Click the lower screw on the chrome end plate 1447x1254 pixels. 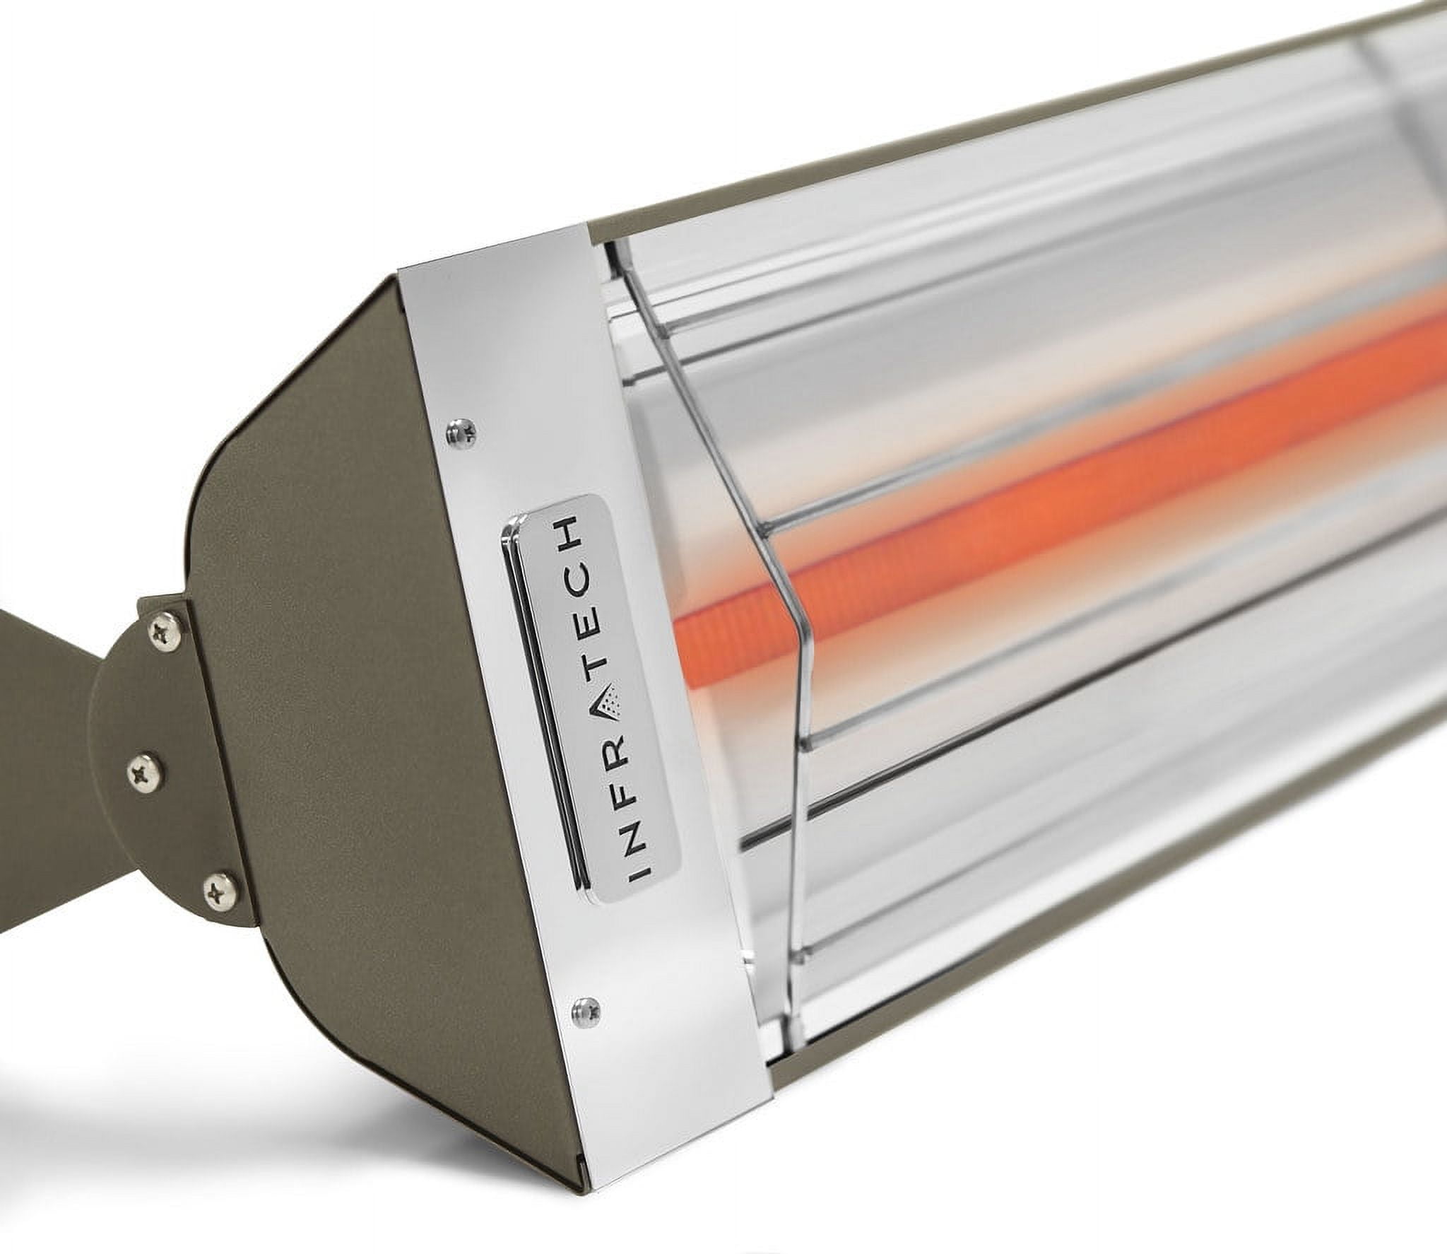point(584,1007)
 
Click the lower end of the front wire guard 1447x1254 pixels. point(791,1018)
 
